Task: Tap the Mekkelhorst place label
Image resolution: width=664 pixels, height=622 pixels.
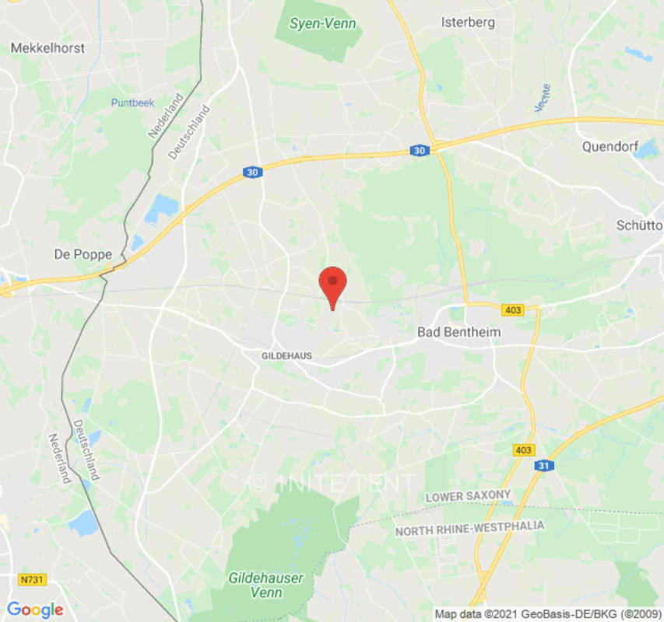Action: click(47, 48)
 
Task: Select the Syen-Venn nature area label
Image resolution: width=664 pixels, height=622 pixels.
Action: click(322, 23)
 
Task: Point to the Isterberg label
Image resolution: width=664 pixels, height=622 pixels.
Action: click(468, 23)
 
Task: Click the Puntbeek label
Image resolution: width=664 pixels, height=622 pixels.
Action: click(132, 103)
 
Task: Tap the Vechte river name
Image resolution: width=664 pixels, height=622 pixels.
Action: click(543, 98)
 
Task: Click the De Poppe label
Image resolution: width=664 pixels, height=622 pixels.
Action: click(83, 254)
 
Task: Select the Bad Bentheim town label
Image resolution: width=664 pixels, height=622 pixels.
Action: click(459, 332)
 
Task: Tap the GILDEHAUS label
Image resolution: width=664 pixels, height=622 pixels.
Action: click(286, 355)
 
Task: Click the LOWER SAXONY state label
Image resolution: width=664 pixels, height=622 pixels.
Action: click(468, 495)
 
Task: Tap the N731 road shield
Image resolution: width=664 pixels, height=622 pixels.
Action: click(31, 579)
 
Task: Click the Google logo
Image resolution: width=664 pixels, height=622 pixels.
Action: click(35, 610)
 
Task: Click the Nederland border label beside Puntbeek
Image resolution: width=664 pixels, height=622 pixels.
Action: click(165, 117)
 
